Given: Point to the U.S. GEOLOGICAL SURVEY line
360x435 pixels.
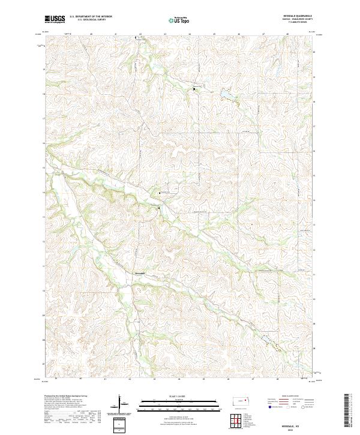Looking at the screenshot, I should tap(90, 20).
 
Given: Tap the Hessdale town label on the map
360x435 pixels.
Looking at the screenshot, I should tap(140, 274).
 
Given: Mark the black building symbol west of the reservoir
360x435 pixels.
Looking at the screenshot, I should tap(194, 88).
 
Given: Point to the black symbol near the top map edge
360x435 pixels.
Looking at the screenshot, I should tap(136, 37).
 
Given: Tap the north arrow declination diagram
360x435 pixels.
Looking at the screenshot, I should tap(119, 404).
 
